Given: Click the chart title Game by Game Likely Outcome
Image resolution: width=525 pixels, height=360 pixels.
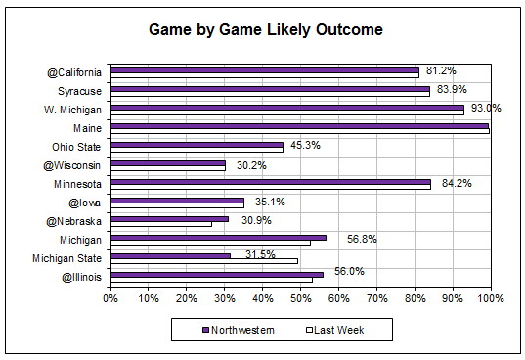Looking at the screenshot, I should tap(265, 29).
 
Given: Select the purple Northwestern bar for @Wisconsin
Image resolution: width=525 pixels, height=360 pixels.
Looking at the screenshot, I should tap(168, 162).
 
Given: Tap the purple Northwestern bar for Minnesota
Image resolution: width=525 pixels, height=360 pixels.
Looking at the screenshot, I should tap(271, 180).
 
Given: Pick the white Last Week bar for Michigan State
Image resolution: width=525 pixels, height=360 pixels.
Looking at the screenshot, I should tap(204, 260).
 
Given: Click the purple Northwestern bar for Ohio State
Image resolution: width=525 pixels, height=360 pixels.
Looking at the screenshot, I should tap(197, 144).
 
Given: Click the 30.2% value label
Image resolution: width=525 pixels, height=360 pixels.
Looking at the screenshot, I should tap(252, 165).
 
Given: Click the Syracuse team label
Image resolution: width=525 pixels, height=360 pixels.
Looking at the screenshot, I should tap(83, 90).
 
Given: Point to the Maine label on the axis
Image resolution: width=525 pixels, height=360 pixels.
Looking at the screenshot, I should tap(91, 126).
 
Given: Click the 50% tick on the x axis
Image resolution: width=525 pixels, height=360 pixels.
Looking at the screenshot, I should tap(300, 297).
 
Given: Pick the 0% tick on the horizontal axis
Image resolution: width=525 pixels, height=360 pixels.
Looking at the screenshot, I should tap(111, 297).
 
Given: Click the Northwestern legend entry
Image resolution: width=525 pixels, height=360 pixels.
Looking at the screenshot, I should tap(240, 329).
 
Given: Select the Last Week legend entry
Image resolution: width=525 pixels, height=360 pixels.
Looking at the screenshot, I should tap(334, 329).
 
